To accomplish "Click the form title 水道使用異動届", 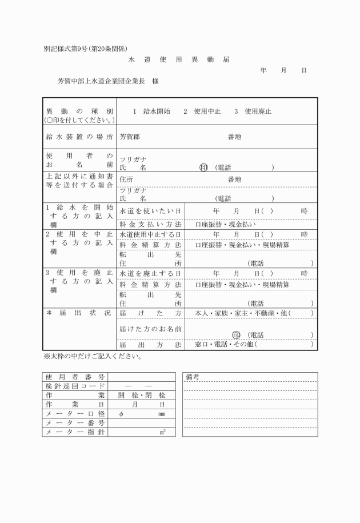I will coord(179,59).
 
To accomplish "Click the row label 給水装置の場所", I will coord(79,137).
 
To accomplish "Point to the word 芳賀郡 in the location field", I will coord(130,137).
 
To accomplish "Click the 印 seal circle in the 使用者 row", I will coord(203,167).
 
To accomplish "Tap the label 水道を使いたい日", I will coord(150,211).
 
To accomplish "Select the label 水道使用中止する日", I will coord(150,234).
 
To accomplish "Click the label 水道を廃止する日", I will coord(150,274).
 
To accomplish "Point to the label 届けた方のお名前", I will coord(150,329).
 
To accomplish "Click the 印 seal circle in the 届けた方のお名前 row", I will coord(236,335).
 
